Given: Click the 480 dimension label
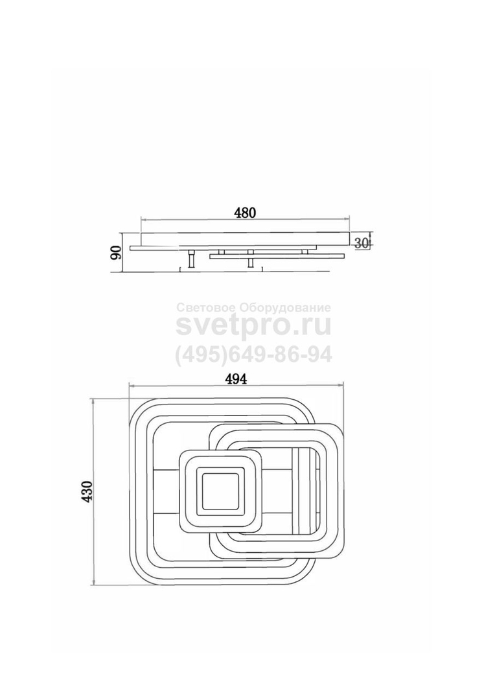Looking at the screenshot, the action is [245, 213].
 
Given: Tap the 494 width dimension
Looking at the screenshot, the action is [235, 379].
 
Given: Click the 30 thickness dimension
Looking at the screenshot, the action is [361, 243].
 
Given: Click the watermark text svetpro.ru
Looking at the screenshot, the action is [253, 326].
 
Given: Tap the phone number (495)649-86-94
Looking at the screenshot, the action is [253, 355].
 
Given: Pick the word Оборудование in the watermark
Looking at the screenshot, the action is [285, 308].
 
